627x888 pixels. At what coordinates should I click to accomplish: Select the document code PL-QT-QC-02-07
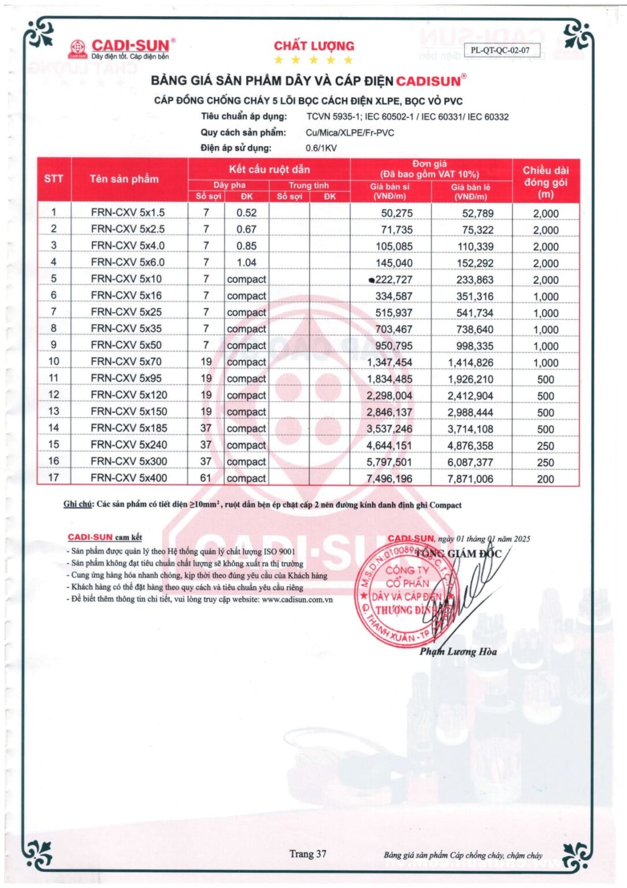click(500, 50)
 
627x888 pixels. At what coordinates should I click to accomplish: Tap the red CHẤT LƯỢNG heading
click(314, 46)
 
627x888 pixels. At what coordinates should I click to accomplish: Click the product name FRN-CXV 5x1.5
click(128, 213)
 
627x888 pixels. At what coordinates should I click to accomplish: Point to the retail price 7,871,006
click(470, 479)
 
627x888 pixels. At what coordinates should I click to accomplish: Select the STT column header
click(54, 179)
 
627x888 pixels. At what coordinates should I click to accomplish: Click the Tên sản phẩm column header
click(124, 179)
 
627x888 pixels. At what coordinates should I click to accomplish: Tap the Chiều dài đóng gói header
click(546, 182)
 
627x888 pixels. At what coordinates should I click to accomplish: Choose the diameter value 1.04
click(246, 262)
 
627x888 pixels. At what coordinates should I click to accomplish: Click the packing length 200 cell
click(546, 479)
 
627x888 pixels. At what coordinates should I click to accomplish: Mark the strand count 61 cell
click(206, 478)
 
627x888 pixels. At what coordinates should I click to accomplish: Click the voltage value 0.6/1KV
click(321, 148)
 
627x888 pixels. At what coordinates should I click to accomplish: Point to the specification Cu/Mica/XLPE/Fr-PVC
click(350, 132)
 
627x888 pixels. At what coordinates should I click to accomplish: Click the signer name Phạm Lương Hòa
click(458, 652)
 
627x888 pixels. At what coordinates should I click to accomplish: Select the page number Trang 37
click(307, 854)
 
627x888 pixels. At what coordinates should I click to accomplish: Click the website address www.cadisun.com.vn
click(297, 600)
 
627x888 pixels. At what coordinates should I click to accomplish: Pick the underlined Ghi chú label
click(77, 504)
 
